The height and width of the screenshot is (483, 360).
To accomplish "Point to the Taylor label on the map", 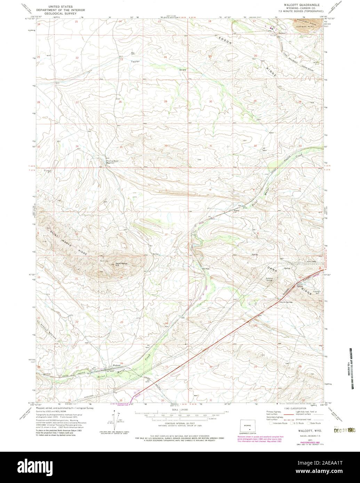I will coord(135,62).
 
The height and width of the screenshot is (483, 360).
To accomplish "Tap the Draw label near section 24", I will coord(183,70).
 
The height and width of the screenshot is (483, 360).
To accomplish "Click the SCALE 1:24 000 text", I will coord(180,410).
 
